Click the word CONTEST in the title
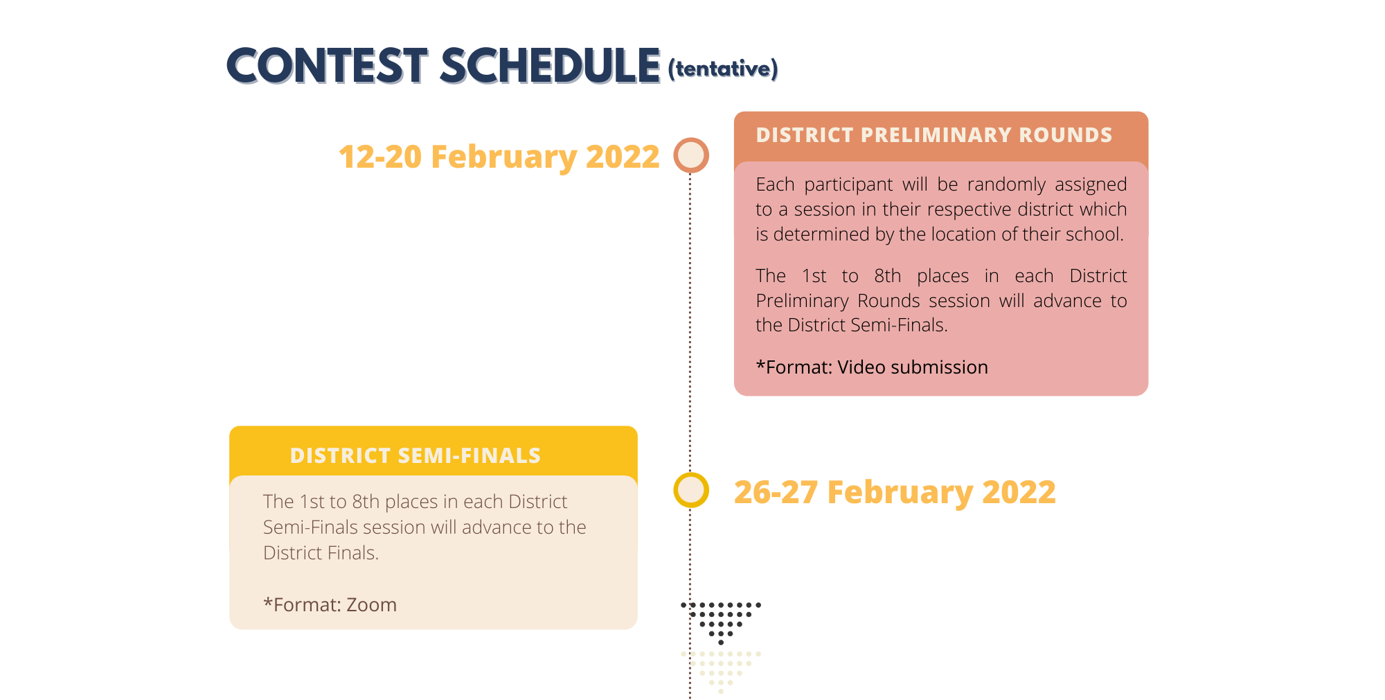coord(327,67)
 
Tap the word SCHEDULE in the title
coord(550,67)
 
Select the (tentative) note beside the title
coord(723,69)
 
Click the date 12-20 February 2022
coord(499,157)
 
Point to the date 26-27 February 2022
coord(895,492)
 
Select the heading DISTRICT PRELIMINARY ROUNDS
coord(934,134)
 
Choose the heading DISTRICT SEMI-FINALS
coord(415,455)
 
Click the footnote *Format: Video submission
coord(872,367)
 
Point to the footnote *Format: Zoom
coord(330,605)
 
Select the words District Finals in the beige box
coord(321,553)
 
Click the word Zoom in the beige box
coord(371,605)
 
